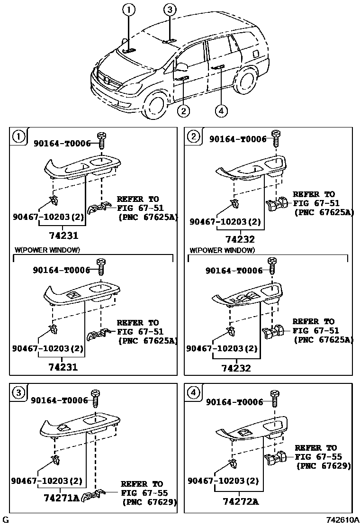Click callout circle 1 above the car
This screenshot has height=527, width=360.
click(x=129, y=9)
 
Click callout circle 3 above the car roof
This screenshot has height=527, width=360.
click(x=170, y=9)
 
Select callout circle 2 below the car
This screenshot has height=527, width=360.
click(x=183, y=111)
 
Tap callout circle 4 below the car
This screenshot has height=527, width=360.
click(x=221, y=111)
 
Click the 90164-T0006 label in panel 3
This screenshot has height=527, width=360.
click(x=60, y=400)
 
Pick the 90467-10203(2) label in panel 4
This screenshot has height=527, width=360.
click(x=224, y=481)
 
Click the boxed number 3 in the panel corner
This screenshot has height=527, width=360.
click(x=18, y=393)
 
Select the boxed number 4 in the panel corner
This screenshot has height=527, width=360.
click(x=193, y=392)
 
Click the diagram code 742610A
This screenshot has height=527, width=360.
click(x=342, y=520)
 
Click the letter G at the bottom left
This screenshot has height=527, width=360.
click(x=5, y=520)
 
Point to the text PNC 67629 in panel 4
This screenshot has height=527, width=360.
click(x=324, y=466)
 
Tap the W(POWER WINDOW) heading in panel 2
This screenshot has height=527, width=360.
click(x=222, y=250)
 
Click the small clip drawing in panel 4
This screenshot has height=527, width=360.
click(x=233, y=463)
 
